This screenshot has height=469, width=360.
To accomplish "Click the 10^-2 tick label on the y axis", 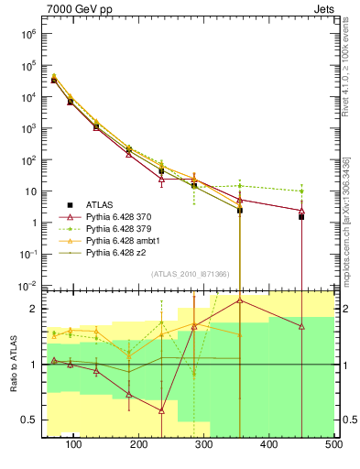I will pos(28,286).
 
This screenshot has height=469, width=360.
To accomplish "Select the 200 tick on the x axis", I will pos(138,444).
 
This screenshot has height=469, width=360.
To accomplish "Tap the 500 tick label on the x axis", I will pos(333,444).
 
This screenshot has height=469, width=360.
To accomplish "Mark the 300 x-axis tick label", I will pos(203,444).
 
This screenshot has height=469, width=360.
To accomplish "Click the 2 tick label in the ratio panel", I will pos(34,309).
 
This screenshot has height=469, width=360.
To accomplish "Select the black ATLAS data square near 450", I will pos(301,217).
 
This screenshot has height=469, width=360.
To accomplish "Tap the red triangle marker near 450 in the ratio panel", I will pos(301,326).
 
